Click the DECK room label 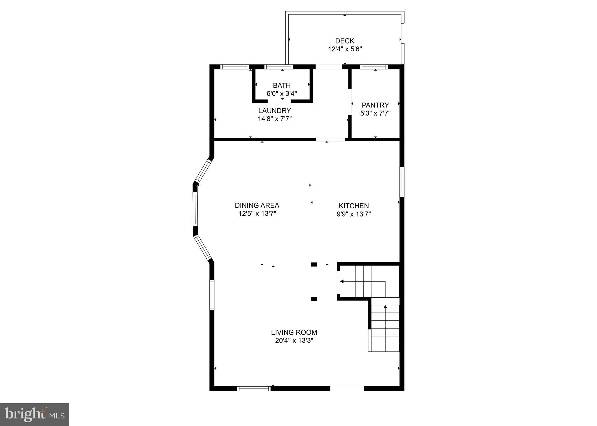click(344, 41)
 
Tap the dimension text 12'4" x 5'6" click(345, 49)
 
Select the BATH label click(281, 85)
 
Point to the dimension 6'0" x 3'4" click(281, 94)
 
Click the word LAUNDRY click(274, 111)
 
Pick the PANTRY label click(375, 105)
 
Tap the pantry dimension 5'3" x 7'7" click(375, 113)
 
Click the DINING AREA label click(257, 205)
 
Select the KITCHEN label click(353, 206)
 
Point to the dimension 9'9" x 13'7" click(353, 214)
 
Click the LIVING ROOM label click(294, 332)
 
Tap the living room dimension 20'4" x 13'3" click(294, 341)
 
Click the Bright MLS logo click(34, 415)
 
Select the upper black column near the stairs click(314, 264)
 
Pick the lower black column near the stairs click(314, 298)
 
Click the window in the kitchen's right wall click(402, 182)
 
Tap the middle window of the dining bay click(195, 209)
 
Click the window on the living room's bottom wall click(253, 388)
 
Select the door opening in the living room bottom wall click(347, 388)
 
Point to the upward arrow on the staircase click(385, 307)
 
